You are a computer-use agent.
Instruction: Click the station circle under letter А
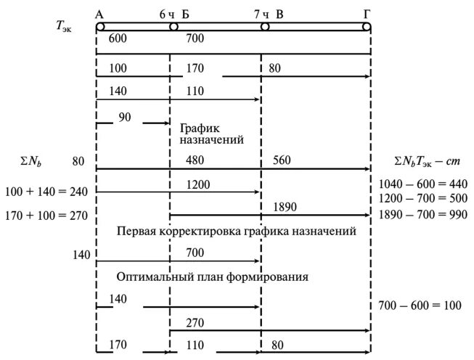point(100,27)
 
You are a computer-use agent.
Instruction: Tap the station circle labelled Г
point(367,27)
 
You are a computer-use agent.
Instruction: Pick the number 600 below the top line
point(118,39)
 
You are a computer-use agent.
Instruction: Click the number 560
point(282,161)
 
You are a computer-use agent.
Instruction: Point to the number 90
point(125,116)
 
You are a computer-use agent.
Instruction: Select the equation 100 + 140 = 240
point(46,192)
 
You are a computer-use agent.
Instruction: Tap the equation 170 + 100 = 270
point(46,216)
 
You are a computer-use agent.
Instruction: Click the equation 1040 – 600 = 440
point(423,184)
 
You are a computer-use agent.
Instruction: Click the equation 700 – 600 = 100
point(420,306)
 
